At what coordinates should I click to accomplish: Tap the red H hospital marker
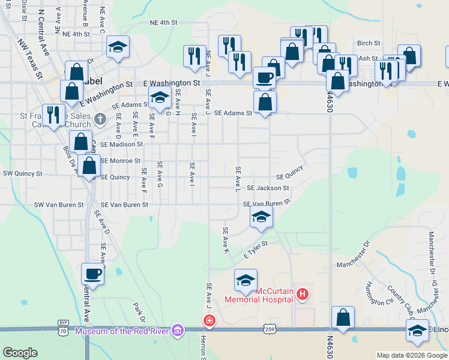303,293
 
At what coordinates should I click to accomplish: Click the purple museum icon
176,331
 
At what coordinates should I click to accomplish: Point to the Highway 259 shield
269,328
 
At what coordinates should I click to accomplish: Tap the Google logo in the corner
20,353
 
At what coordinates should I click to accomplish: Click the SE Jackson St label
268,188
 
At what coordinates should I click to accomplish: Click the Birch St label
369,43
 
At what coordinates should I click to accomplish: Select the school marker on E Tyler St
261,217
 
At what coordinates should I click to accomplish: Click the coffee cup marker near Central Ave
92,274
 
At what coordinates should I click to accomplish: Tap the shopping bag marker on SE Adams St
265,101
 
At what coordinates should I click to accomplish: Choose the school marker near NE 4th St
118,48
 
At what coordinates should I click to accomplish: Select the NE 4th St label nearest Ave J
164,23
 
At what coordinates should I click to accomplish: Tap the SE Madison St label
122,144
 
